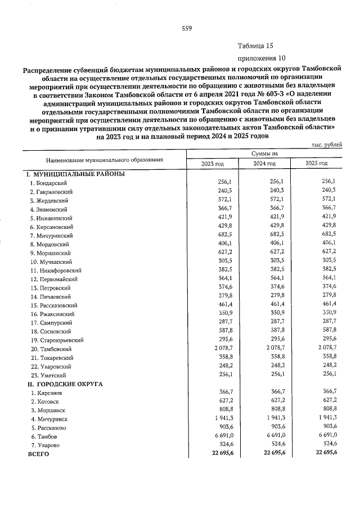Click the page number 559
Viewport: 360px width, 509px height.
point(187,29)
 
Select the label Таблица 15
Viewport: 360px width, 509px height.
point(255,46)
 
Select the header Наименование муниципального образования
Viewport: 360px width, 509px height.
point(104,159)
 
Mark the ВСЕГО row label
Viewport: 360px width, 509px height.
point(38,453)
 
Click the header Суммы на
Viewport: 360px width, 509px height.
point(264,153)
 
